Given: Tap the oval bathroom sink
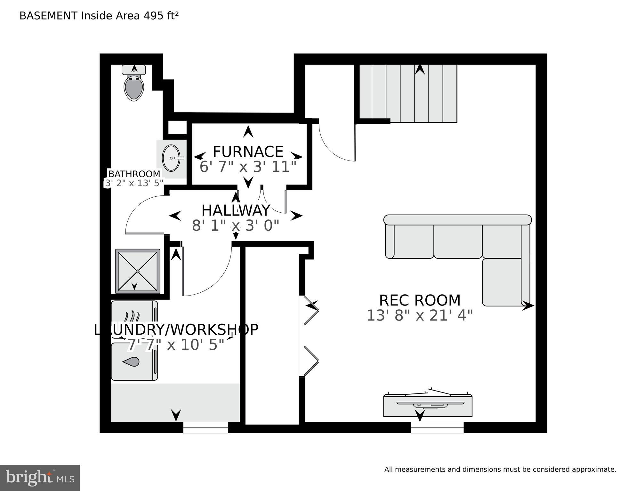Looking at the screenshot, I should tap(171, 158).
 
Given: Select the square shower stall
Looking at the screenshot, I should tap(137, 271).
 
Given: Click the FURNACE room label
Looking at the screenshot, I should tap(248, 152).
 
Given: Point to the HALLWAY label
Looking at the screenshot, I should tap(236, 210).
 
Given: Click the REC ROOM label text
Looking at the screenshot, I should tap(420, 300).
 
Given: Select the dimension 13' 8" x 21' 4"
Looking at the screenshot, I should tap(419, 315).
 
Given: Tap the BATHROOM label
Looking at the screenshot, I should tap(134, 174).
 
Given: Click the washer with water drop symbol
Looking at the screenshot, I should tap(134, 362).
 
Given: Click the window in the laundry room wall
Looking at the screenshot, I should tap(205, 427).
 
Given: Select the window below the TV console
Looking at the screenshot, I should tap(437, 427).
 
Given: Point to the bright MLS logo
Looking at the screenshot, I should tap(40, 478).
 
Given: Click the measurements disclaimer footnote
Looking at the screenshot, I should tap(500, 469).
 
